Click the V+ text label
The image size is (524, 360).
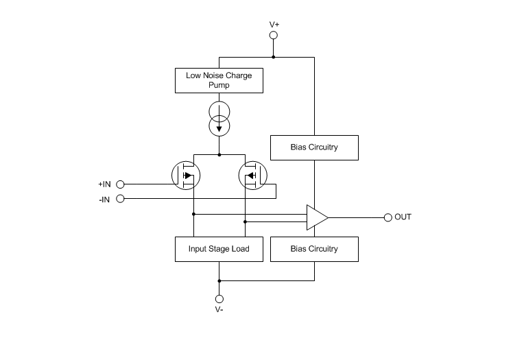pos(274,24)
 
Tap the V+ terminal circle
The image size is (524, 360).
pos(274,35)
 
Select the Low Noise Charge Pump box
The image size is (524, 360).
pos(219,80)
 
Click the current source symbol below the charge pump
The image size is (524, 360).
pos(219,119)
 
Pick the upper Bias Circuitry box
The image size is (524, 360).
pos(314,147)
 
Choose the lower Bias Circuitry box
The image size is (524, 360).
pos(314,248)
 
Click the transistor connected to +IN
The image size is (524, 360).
pos(184,176)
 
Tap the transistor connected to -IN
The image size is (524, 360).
pos(253,176)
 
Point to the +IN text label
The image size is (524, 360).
pos(104,184)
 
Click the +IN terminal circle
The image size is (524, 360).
pos(121,184)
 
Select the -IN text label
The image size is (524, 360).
pos(105,199)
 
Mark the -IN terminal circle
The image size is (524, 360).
pos(121,199)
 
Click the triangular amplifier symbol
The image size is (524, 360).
pos(316,217)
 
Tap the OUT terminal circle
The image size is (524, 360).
pos(388,217)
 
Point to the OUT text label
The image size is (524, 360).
pos(403,217)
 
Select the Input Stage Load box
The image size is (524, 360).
pos(219,248)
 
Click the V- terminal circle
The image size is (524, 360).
pos(219,299)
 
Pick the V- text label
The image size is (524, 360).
pos(219,311)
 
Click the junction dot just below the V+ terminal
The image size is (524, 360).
pos(274,57)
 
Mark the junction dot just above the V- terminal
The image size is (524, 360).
pos(219,280)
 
